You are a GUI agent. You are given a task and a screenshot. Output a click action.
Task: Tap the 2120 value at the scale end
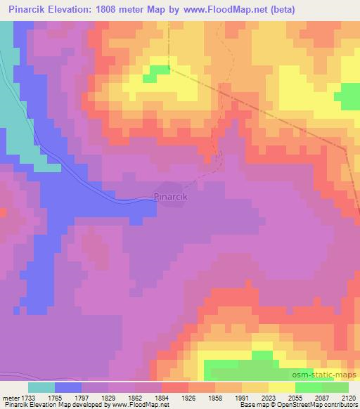pos(349,397)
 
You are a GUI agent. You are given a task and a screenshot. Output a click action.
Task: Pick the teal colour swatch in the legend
pos(41,387)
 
